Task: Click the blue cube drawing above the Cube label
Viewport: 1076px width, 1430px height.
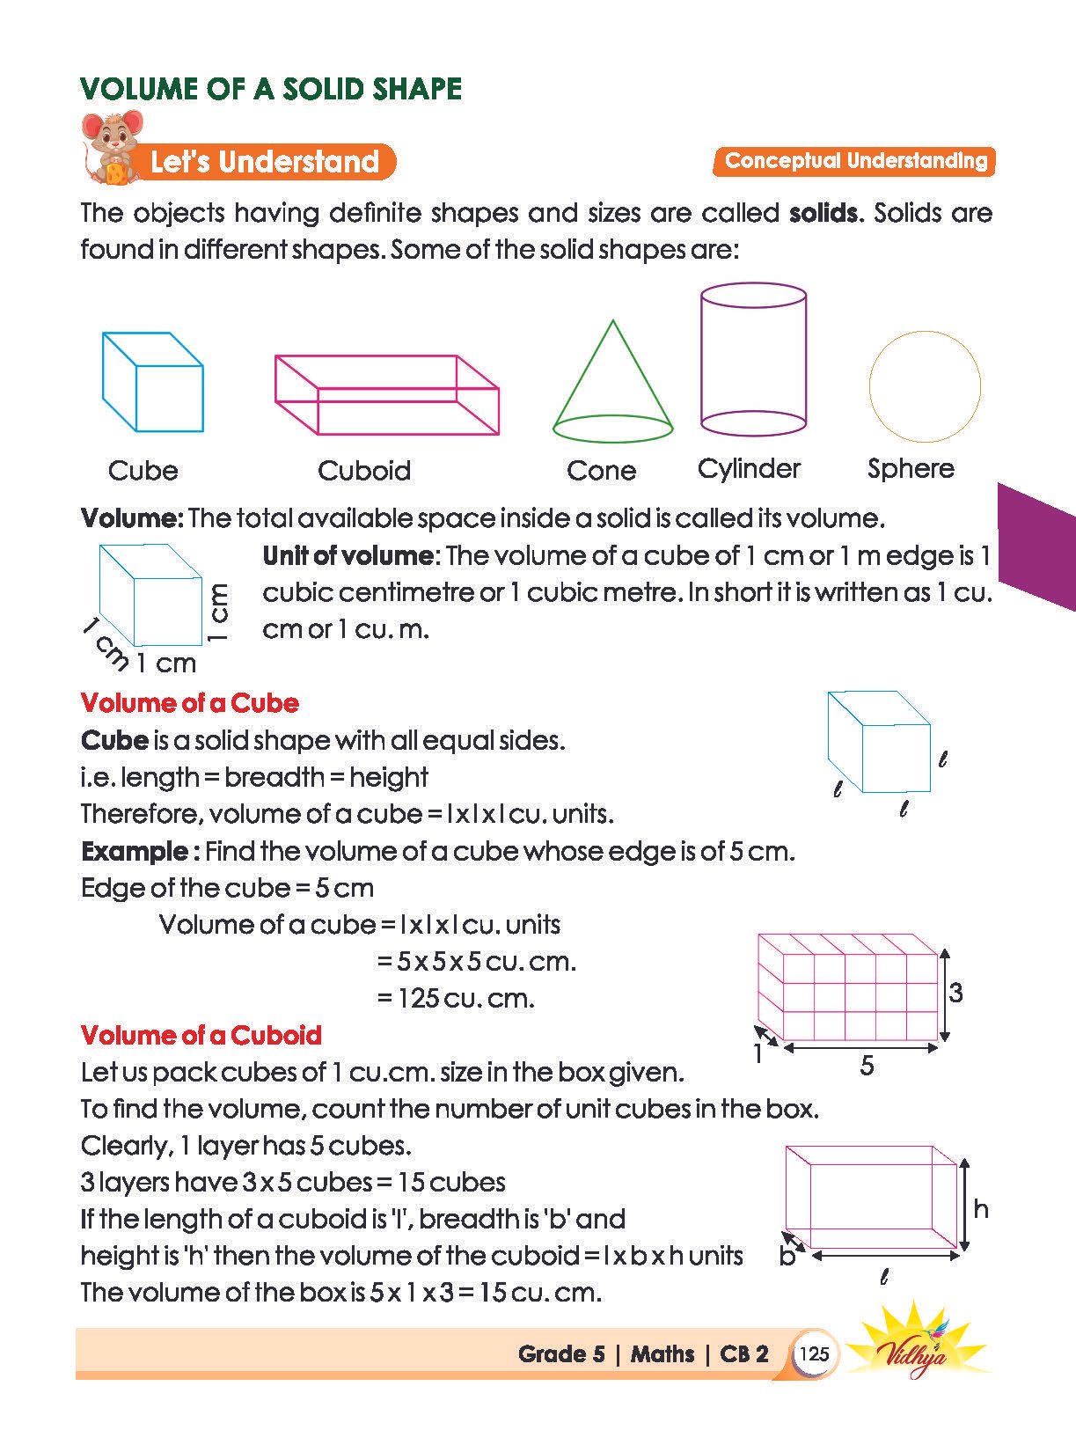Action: tap(152, 382)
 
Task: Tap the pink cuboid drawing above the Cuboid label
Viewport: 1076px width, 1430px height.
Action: tap(386, 395)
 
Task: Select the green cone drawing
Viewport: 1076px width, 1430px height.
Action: tap(612, 387)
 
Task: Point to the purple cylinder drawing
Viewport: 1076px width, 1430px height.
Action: tap(753, 360)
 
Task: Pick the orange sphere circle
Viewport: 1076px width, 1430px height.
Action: tap(925, 386)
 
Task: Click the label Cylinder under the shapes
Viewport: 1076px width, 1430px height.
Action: tap(749, 468)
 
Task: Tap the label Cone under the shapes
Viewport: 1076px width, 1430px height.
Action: tap(601, 470)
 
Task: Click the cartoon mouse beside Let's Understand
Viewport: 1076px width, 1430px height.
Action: tap(112, 147)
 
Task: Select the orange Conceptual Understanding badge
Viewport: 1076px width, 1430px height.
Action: tap(855, 161)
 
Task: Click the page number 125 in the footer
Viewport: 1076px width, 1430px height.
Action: tap(814, 1353)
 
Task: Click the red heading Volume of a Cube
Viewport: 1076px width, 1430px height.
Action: tap(189, 703)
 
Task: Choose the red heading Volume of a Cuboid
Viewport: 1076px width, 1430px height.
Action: tap(201, 1035)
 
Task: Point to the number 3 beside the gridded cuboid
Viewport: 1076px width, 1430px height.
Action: tap(955, 994)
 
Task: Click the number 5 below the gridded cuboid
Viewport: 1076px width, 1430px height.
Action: tap(867, 1066)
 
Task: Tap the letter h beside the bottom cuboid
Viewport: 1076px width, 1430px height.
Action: tap(981, 1209)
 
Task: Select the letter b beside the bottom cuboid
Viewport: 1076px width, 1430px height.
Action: tap(787, 1257)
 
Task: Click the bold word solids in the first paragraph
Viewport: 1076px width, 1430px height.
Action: tap(823, 213)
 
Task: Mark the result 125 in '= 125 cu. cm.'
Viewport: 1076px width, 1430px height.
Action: tap(418, 998)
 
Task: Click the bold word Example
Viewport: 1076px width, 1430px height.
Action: tap(135, 851)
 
